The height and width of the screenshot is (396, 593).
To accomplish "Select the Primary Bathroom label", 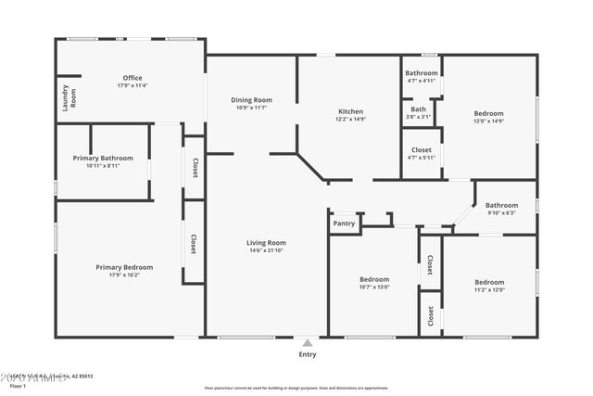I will pyautogui.click(x=103, y=159).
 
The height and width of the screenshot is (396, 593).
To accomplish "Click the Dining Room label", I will pyautogui.click(x=250, y=100).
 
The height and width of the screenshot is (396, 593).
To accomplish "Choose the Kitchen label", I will pyautogui.click(x=350, y=111).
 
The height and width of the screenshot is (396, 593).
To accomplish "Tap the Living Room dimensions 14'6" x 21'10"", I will pyautogui.click(x=266, y=251).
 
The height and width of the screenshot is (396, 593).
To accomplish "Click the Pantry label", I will pyautogui.click(x=344, y=224).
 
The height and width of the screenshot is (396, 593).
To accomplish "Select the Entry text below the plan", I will pyautogui.click(x=308, y=353).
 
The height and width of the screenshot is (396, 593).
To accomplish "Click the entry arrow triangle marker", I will pyautogui.click(x=308, y=341).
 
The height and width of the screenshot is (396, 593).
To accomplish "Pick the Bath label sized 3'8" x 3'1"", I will pyautogui.click(x=419, y=109).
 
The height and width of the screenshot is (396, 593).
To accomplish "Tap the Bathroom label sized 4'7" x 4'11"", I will pyautogui.click(x=422, y=73).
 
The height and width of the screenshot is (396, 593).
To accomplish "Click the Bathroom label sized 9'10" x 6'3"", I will pyautogui.click(x=501, y=205).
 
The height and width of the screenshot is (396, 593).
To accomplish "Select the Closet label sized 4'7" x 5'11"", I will pyautogui.click(x=422, y=149).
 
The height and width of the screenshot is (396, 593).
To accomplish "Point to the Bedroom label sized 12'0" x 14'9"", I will pyautogui.click(x=488, y=113).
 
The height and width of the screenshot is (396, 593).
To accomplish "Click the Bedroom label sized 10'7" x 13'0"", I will pyautogui.click(x=374, y=279).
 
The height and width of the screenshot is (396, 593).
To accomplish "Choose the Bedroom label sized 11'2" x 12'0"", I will pyautogui.click(x=488, y=282).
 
